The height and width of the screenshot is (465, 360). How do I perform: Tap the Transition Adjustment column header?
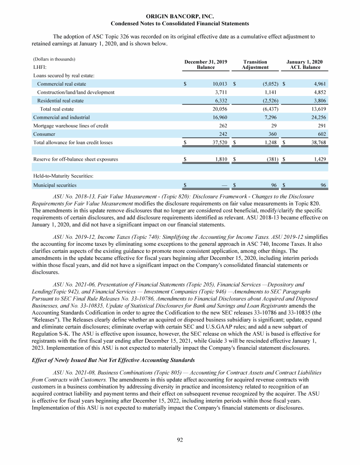point(255,65)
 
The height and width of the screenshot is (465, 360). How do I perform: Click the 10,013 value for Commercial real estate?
point(218,84)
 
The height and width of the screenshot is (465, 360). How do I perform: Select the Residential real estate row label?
point(60,101)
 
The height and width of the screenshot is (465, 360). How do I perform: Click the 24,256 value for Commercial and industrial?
point(318,118)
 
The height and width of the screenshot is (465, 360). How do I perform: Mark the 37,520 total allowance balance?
point(217,142)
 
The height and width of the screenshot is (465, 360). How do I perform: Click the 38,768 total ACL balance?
point(317,142)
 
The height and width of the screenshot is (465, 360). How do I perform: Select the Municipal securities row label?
point(53,185)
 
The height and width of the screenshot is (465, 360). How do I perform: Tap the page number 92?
point(180,439)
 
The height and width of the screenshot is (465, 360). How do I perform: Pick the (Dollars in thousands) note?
point(54,59)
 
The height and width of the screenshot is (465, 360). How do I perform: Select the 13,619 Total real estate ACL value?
point(318,109)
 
